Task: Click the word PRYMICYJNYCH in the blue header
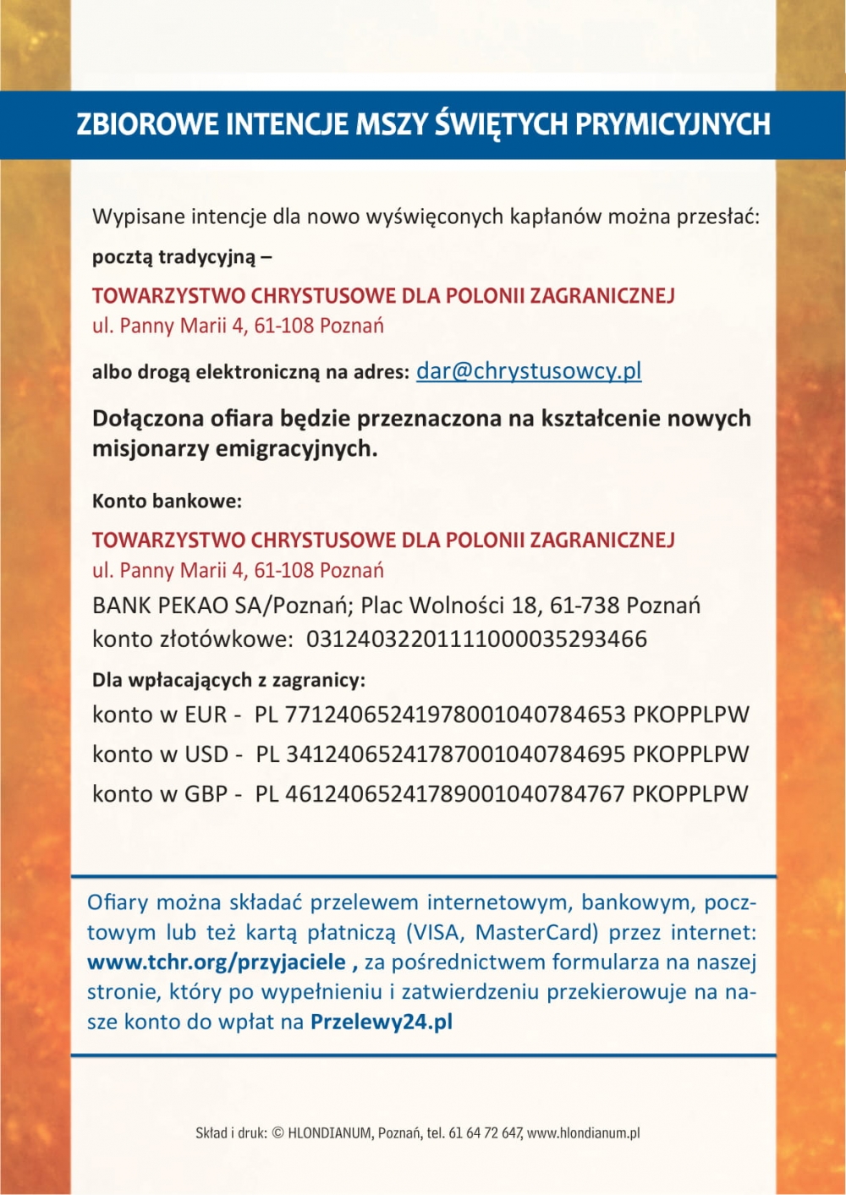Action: pos(673,124)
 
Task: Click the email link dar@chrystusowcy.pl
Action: pos(529,370)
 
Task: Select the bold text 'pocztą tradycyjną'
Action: pos(173,256)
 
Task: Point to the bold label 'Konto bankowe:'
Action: pos(167,501)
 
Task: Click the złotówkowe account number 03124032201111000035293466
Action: pos(476,639)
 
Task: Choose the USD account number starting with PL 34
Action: pos(441,754)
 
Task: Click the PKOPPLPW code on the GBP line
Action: pos(690,793)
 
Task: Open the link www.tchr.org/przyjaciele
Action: pos(217,962)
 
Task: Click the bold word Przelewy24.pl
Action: pos(382,1021)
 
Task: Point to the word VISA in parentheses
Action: pos(437,932)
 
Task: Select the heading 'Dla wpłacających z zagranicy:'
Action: pos(228,679)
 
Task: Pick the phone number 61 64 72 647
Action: pos(486,1132)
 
